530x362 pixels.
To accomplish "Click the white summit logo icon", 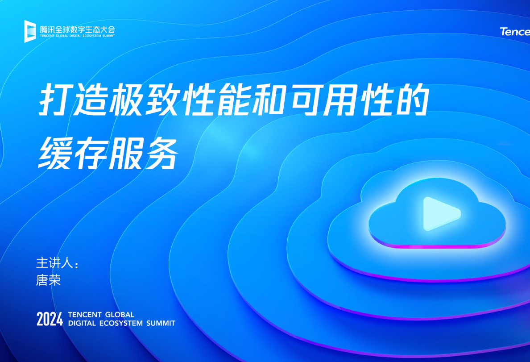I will coord(30,31).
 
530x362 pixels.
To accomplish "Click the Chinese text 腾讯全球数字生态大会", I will coord(77,29).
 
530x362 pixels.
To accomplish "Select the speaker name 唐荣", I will coord(48,280).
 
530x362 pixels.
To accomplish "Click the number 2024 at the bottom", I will coord(50,319).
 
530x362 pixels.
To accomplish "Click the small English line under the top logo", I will coord(77,36).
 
